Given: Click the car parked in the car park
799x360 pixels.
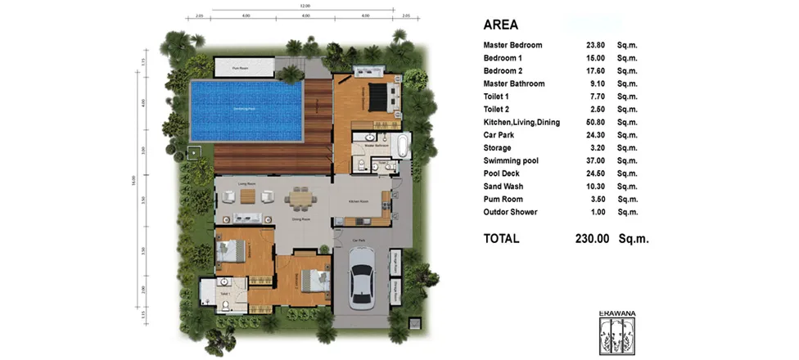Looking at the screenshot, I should [x=362, y=279].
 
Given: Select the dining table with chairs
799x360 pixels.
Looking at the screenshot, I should [x=300, y=198].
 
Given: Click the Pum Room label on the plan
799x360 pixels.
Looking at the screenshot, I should [x=240, y=68].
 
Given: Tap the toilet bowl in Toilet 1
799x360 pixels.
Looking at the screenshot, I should [x=223, y=304].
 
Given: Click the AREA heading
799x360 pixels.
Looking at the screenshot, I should [x=500, y=25].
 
